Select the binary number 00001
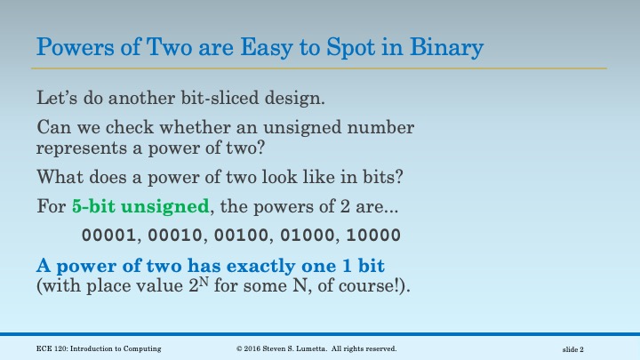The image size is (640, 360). [x=107, y=236]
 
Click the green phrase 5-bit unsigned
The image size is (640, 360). [x=141, y=207]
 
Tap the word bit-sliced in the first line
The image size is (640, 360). [x=206, y=98]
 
